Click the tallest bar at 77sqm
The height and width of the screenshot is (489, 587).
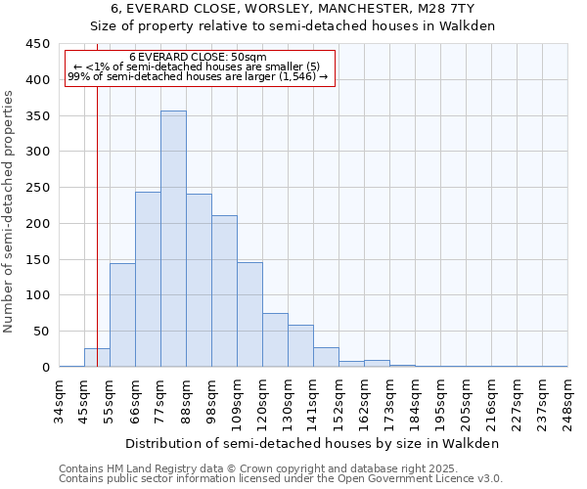click(173, 240)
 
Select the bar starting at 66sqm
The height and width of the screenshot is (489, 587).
click(148, 280)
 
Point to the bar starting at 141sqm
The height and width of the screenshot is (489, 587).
click(326, 357)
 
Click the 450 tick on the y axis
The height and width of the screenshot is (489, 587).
click(38, 44)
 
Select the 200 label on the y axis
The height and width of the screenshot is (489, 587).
click(38, 224)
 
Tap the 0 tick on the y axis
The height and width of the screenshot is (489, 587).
click(46, 368)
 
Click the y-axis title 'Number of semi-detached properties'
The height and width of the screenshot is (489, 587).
click(9, 211)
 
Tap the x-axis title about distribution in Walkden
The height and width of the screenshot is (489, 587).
click(313, 443)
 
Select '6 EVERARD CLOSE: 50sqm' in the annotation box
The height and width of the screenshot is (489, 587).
click(199, 58)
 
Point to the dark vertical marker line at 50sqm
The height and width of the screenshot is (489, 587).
click(97, 244)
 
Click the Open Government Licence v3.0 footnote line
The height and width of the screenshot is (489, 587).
click(281, 479)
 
